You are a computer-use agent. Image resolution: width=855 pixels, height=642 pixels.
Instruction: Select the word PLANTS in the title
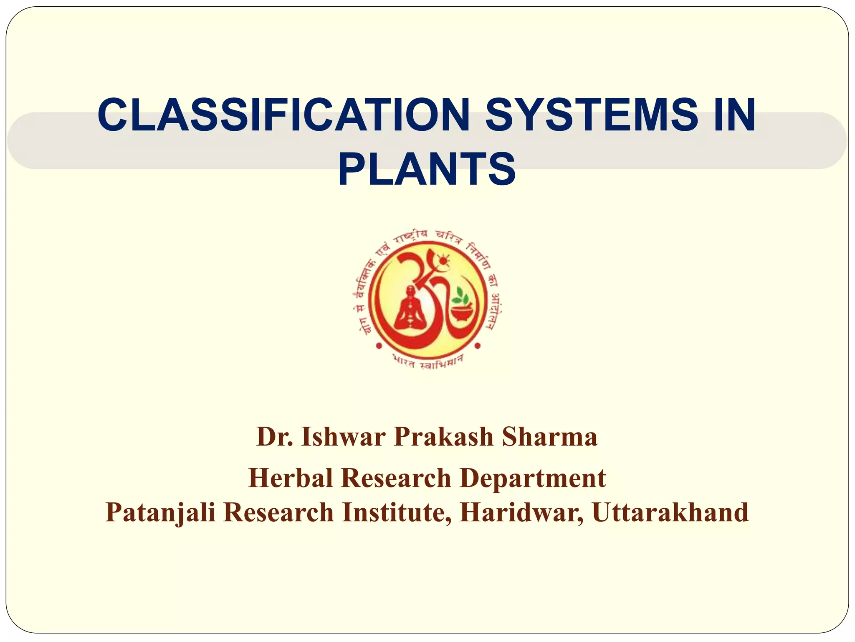(x=427, y=169)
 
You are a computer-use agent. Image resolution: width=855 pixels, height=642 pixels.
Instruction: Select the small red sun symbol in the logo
(x=443, y=261)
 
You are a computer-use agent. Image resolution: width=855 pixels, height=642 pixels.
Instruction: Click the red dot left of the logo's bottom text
(x=379, y=346)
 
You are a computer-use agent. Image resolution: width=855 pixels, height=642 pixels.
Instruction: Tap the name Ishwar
(x=343, y=437)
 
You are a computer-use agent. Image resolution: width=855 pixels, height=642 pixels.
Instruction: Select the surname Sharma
(x=550, y=437)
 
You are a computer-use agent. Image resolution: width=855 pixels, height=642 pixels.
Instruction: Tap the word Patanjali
(x=160, y=512)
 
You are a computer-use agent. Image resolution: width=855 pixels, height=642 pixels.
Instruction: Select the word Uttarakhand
(x=670, y=512)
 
